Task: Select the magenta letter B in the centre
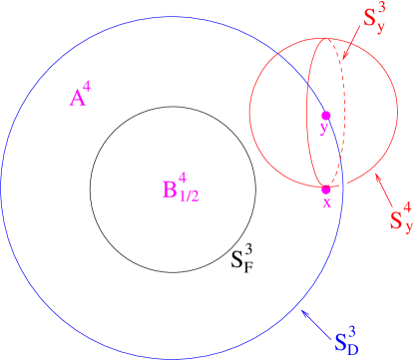[169, 189]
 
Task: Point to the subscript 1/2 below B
[189, 196]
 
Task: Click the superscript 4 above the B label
[182, 176]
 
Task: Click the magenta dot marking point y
[325, 116]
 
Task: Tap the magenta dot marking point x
[326, 189]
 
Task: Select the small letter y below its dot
[323, 129]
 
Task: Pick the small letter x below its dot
[326, 202]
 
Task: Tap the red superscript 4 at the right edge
[407, 207]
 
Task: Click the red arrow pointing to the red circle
[385, 188]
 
